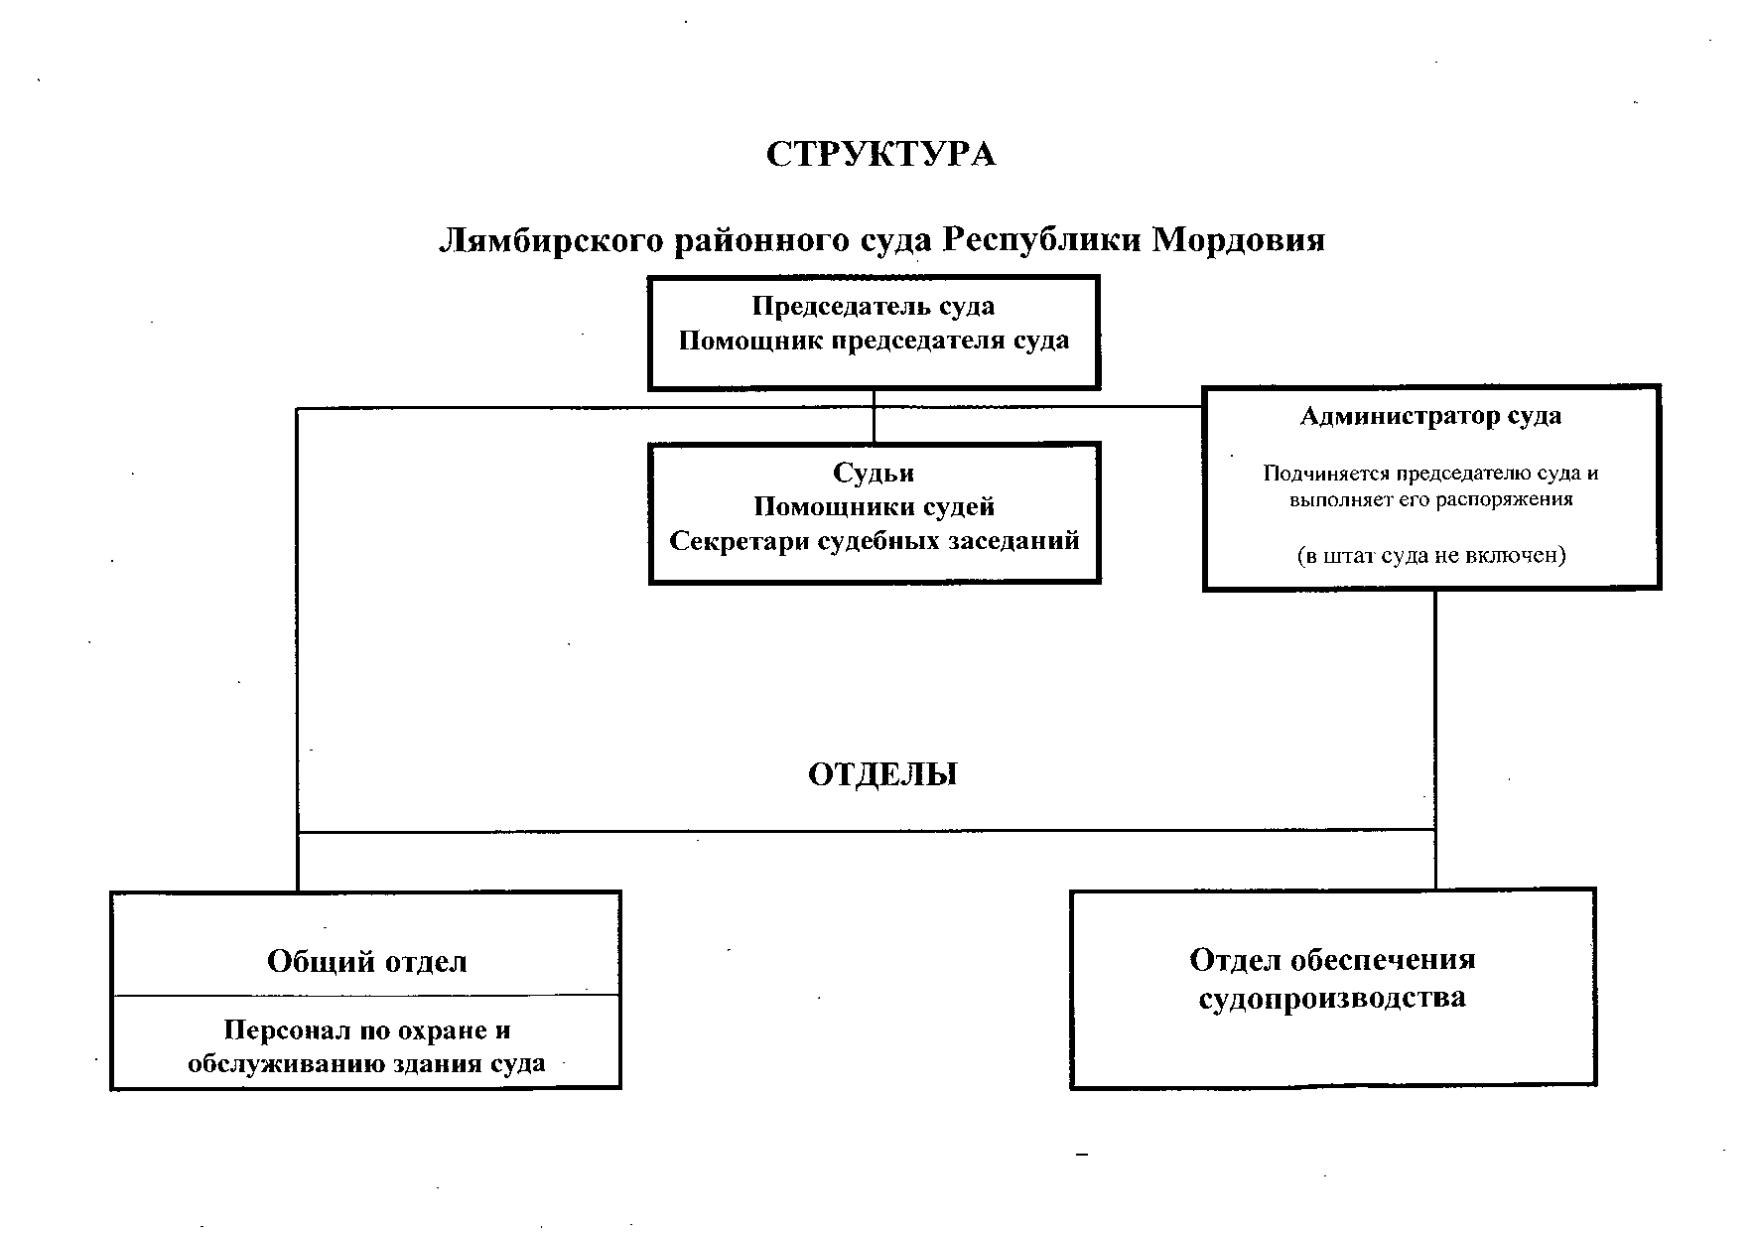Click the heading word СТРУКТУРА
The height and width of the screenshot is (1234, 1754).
click(880, 156)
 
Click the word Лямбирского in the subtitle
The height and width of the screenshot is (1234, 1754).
click(550, 241)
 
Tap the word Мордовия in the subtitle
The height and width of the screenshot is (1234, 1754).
click(1238, 241)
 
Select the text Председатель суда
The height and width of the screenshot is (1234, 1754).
click(874, 307)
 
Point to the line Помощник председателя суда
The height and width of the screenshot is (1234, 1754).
click(874, 342)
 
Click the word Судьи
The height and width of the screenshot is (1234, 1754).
click(874, 474)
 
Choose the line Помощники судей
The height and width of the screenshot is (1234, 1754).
click(874, 507)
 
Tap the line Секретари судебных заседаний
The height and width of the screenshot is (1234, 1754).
click(874, 542)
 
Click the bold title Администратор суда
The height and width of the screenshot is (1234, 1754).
click(1430, 416)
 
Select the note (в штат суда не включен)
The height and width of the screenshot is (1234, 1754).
click(1430, 556)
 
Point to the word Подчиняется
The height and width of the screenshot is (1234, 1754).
click(1314, 474)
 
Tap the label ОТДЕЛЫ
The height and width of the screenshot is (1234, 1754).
click(882, 775)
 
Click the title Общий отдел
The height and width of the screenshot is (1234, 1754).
click(366, 962)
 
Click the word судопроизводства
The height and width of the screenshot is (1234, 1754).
click(1332, 998)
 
